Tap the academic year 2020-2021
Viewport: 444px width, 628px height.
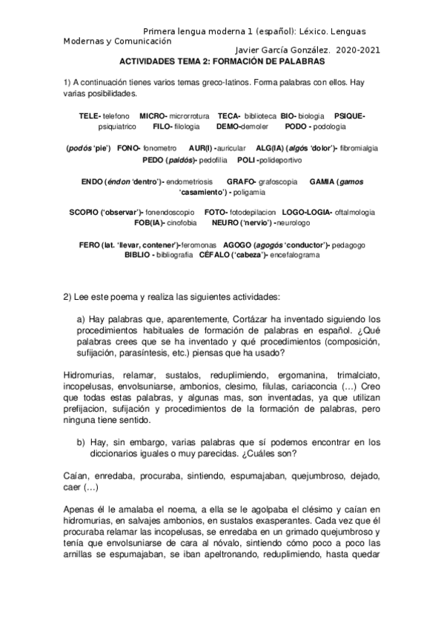point(358,52)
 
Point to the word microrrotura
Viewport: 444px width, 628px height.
point(190,116)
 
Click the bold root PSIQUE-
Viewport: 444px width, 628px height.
point(350,116)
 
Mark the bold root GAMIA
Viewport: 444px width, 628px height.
point(320,181)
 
